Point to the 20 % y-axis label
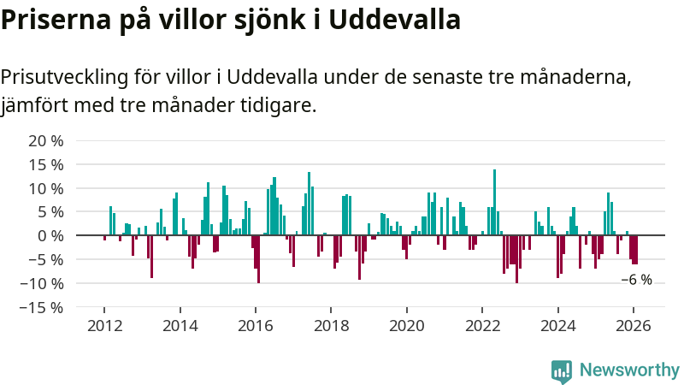tap(46, 141)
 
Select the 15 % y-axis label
tap(46, 164)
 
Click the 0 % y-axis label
tap(50, 235)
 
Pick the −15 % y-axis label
tap(42, 306)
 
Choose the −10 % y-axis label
tap(42, 283)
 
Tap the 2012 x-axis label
tap(103, 326)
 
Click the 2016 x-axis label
tap(255, 326)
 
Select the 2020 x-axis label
tap(406, 326)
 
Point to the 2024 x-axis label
tap(557, 326)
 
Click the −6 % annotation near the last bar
tap(636, 280)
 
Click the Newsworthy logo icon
tap(562, 370)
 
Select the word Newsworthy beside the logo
tap(629, 370)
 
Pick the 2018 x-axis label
tap(331, 326)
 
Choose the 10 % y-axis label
tap(46, 188)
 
